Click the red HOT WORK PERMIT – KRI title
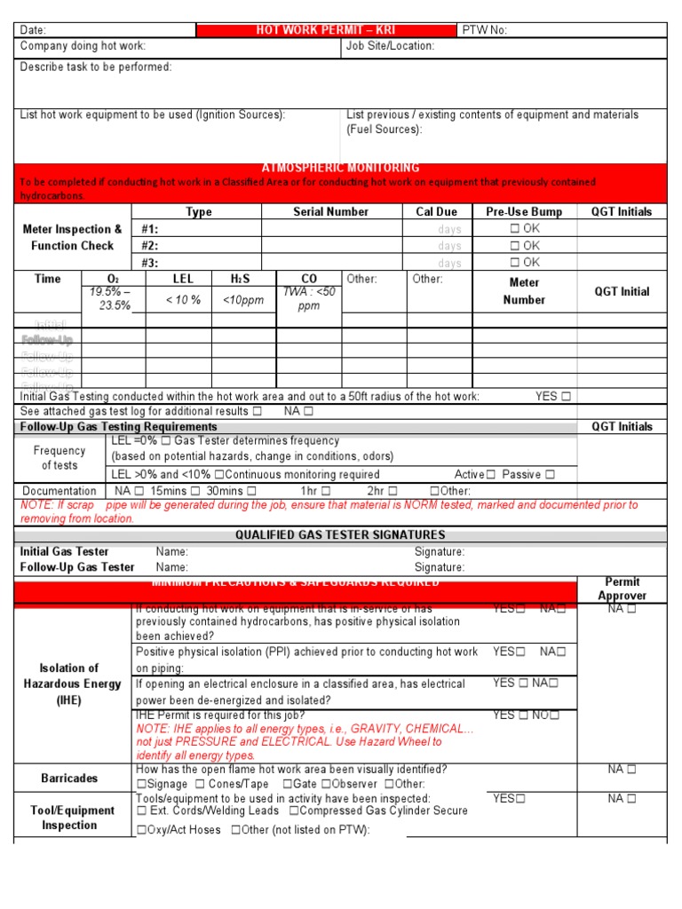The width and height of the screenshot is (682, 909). pyautogui.click(x=326, y=30)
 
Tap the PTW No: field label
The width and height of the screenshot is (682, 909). pyautogui.click(x=485, y=30)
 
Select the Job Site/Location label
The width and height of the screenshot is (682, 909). pyautogui.click(x=390, y=46)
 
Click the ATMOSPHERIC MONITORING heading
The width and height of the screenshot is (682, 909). pyautogui.click(x=340, y=168)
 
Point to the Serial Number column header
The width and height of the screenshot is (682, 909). pyautogui.click(x=330, y=212)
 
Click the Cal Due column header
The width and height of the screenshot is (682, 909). pyautogui.click(x=436, y=212)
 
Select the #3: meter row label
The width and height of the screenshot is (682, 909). pyautogui.click(x=149, y=263)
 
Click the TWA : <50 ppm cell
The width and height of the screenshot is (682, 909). pyautogui.click(x=309, y=298)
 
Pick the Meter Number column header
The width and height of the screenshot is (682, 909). pyautogui.click(x=524, y=291)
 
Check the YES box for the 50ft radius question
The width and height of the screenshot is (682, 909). pyautogui.click(x=566, y=397)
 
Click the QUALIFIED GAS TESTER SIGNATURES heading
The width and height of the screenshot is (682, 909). pyautogui.click(x=340, y=535)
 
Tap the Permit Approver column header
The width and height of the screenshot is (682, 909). pyautogui.click(x=622, y=589)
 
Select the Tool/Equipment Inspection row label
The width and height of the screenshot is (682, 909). pyautogui.click(x=72, y=818)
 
